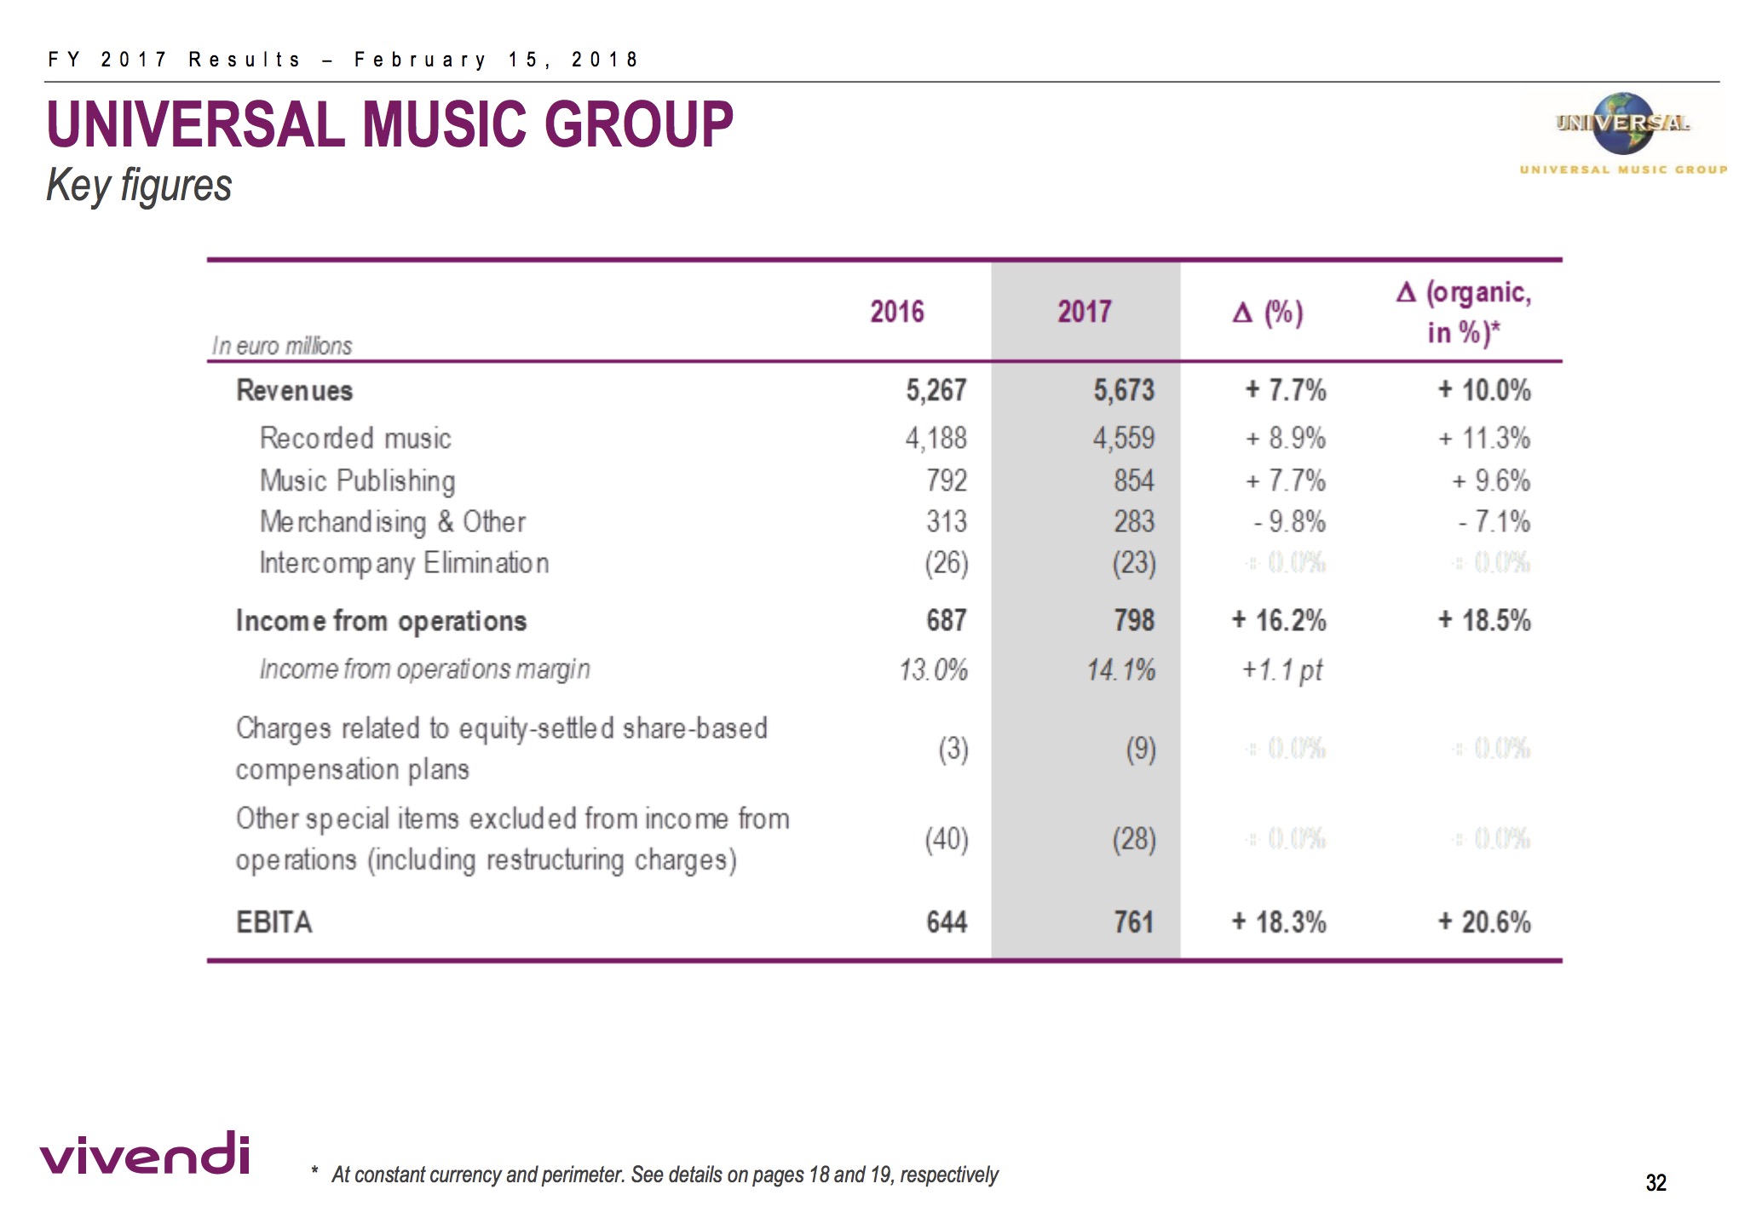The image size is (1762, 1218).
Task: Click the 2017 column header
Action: pyautogui.click(x=1084, y=312)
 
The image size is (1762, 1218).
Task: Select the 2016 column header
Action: pyautogui.click(x=896, y=312)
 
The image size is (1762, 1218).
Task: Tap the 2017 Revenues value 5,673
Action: pyautogui.click(x=1124, y=391)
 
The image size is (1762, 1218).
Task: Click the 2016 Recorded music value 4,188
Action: pyautogui.click(x=936, y=439)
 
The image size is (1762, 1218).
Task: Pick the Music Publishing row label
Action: pyautogui.click(x=357, y=481)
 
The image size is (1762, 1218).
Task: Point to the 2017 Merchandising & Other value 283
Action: pyautogui.click(x=1134, y=522)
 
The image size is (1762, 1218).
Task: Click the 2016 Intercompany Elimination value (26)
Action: pyautogui.click(x=947, y=563)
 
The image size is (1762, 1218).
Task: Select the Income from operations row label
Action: pyautogui.click(x=381, y=621)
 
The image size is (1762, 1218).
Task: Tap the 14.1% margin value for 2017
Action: pyautogui.click(x=1120, y=670)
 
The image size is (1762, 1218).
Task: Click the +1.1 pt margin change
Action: pyautogui.click(x=1281, y=670)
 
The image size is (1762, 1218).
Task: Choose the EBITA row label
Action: pyautogui.click(x=274, y=922)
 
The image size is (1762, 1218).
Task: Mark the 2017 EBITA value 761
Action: pyautogui.click(x=1134, y=922)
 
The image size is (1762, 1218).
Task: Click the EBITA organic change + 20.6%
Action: pyautogui.click(x=1484, y=922)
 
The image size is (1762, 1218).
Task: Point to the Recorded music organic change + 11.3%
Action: pyautogui.click(x=1484, y=439)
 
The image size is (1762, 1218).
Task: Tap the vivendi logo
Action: pyautogui.click(x=145, y=1154)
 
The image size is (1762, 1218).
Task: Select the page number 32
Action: pyautogui.click(x=1655, y=1182)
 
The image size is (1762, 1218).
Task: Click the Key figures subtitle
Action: pyautogui.click(x=139, y=186)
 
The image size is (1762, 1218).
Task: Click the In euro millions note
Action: pyautogui.click(x=281, y=346)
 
